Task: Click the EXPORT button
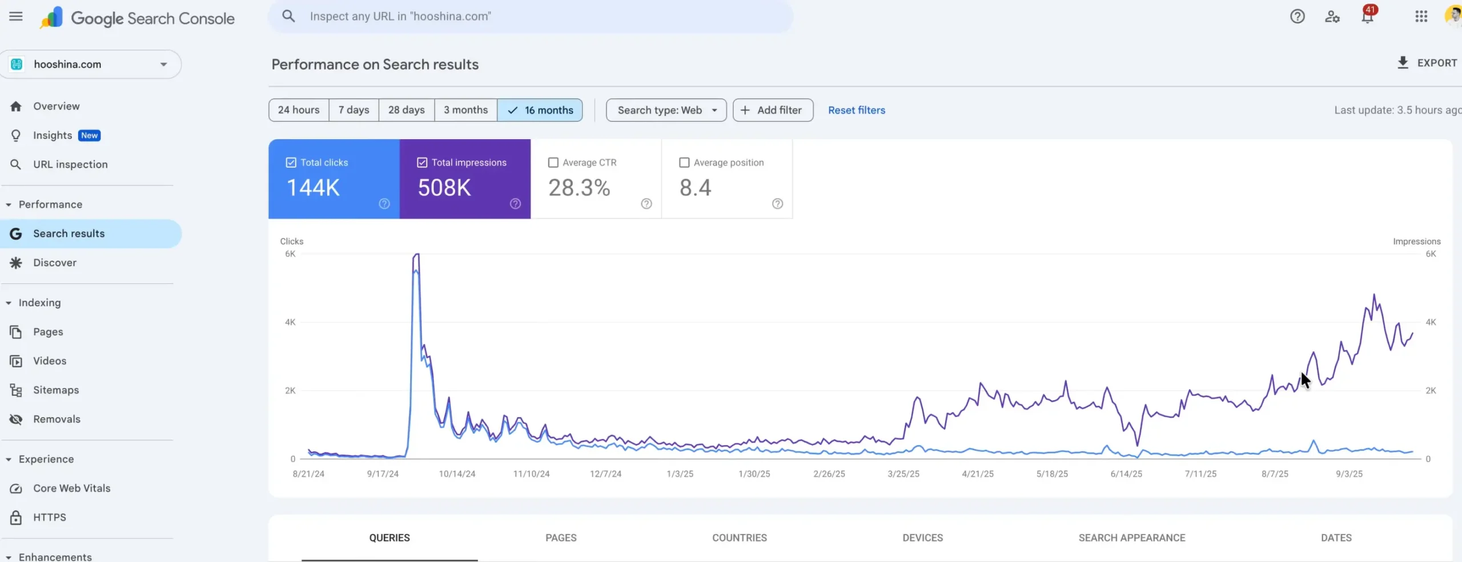1427,63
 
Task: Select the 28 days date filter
406,110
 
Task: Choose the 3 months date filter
465,110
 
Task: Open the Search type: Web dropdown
666,110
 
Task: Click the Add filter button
773,110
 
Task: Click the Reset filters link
856,110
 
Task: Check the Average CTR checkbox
553,163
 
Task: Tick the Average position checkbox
684,163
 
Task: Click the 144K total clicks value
313,188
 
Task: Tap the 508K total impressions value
444,188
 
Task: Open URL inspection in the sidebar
70,164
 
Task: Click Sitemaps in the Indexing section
55,390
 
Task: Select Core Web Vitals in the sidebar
71,488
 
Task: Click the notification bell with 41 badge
1367,17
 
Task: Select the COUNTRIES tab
739,537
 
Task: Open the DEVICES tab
922,537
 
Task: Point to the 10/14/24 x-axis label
457,474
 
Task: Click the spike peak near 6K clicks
417,255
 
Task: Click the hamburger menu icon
16,17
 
